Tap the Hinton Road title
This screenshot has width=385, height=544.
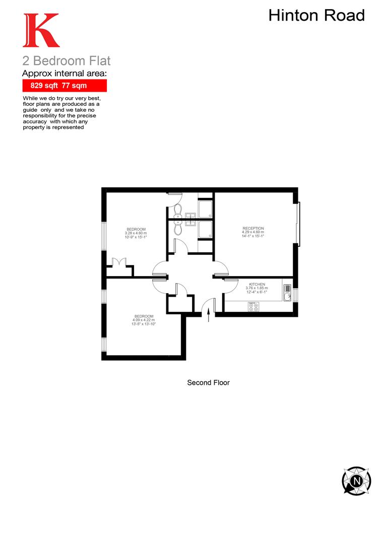[x=316, y=15]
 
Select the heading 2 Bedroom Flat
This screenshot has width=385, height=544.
[x=66, y=61]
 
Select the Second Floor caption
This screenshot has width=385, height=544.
[x=208, y=383]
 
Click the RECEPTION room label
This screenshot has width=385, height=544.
[x=253, y=229]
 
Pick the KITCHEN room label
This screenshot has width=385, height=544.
[x=256, y=285]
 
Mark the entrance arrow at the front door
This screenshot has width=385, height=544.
[x=209, y=314]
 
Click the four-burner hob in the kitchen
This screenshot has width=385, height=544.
[x=253, y=306]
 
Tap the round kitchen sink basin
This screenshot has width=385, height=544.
[x=287, y=297]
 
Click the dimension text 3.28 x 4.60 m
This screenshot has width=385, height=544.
[x=136, y=233]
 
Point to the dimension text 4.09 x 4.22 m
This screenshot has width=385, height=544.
[x=144, y=320]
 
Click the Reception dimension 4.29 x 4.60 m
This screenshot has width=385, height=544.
[x=253, y=232]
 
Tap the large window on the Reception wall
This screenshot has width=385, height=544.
[x=298, y=224]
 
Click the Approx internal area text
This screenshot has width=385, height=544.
[x=65, y=74]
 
